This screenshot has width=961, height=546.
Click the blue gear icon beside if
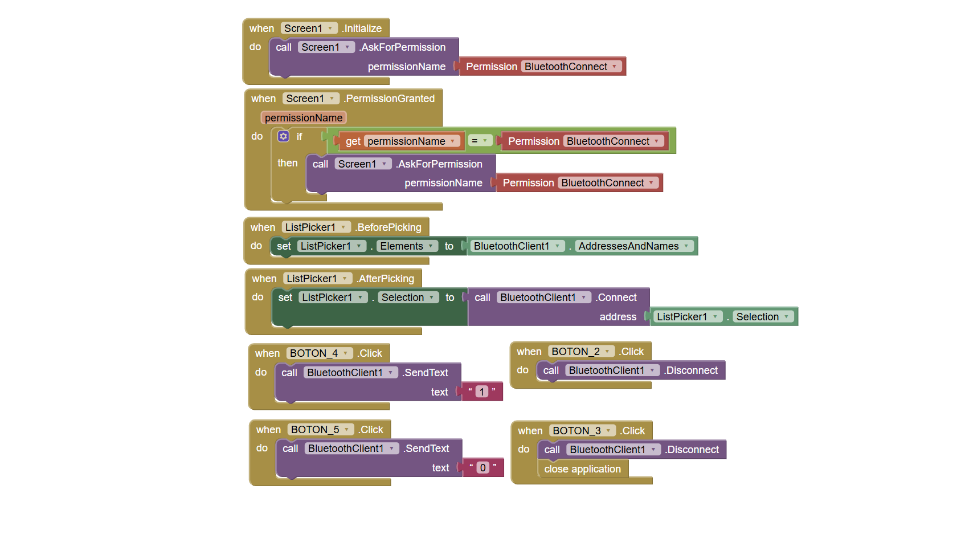(283, 137)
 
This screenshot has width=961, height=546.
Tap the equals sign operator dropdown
(480, 141)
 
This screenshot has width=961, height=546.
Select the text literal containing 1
(482, 392)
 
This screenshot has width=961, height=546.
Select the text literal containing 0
(482, 467)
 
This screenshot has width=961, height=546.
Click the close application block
(583, 468)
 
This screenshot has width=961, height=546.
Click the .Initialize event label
(362, 28)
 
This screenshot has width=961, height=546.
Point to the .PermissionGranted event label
(389, 99)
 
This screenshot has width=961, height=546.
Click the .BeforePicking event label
(389, 227)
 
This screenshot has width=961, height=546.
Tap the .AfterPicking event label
(385, 279)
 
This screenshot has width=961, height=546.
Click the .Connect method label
(616, 298)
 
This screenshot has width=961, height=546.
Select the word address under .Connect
(618, 317)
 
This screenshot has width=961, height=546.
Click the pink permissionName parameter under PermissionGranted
(303, 117)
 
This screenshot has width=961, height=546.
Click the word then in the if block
(288, 163)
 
